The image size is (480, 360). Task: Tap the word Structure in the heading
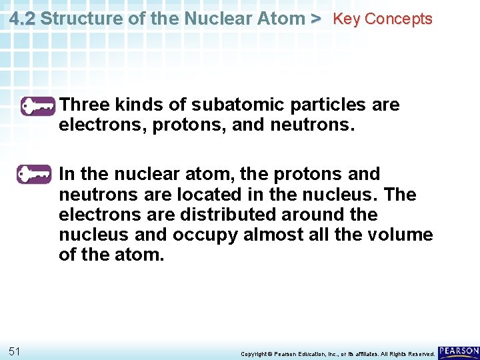[83, 19]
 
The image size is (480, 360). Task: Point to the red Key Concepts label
[383, 19]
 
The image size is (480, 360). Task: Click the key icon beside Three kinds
[37, 106]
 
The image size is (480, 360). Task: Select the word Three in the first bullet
[84, 105]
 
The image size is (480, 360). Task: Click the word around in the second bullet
[323, 215]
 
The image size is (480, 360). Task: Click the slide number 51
[15, 351]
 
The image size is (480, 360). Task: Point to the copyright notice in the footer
[337, 353]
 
